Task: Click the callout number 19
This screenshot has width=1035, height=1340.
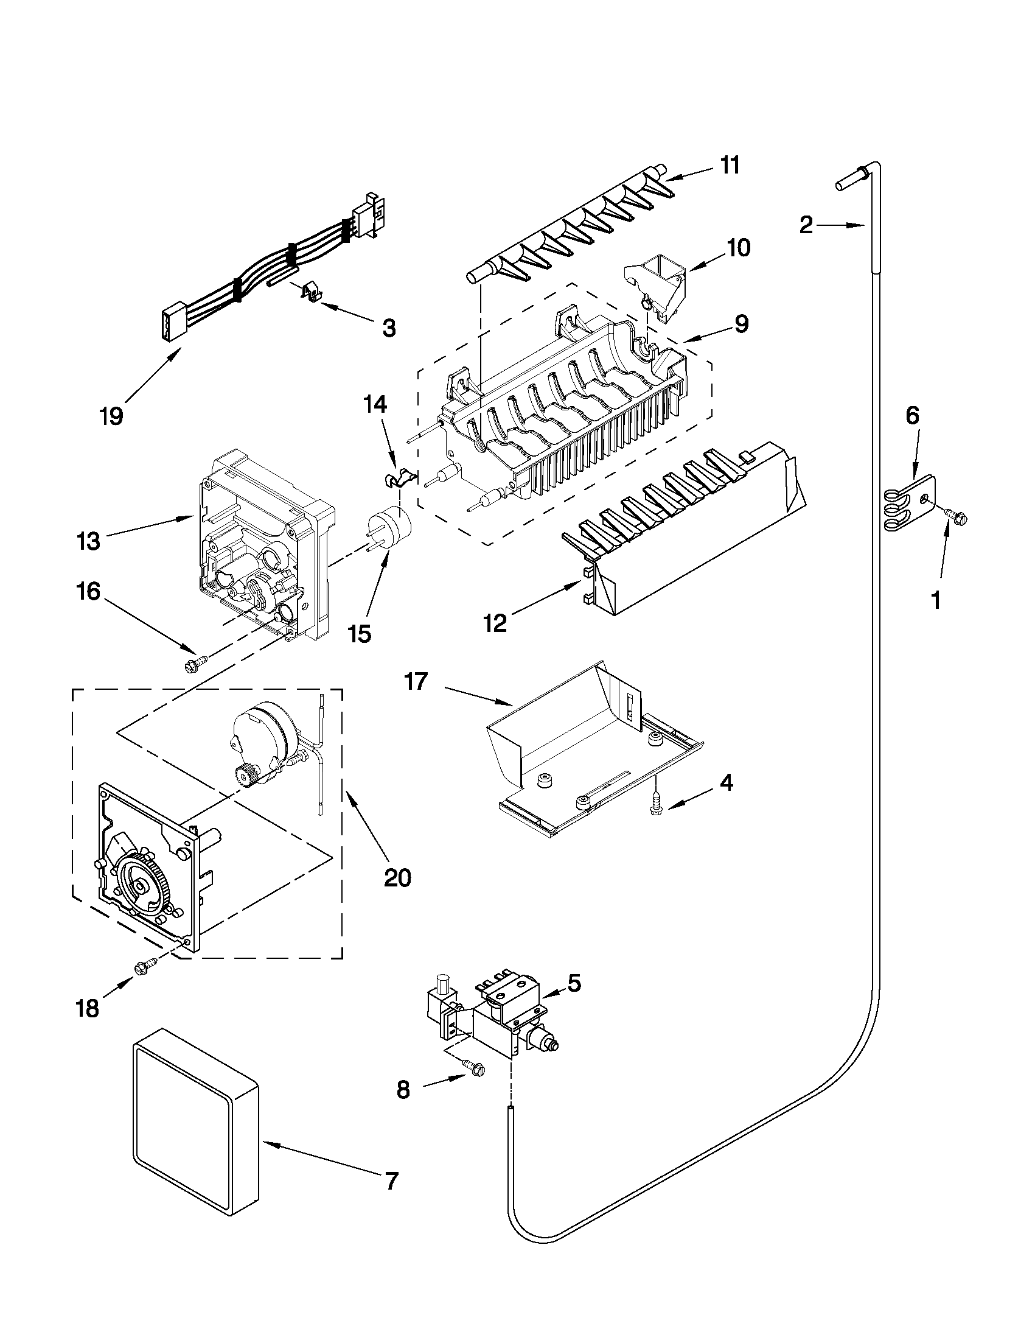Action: [111, 416]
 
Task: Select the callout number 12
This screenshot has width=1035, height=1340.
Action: [495, 623]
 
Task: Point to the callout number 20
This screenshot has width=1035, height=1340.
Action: [397, 878]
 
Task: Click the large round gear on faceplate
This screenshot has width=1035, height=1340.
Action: [142, 886]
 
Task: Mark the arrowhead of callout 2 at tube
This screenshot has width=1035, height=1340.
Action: [862, 226]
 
